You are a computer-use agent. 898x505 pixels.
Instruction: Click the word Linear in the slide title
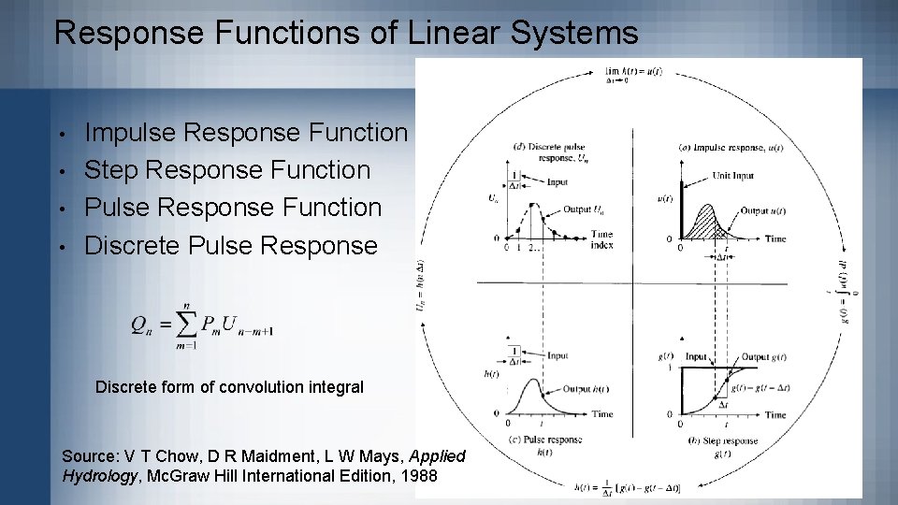444,34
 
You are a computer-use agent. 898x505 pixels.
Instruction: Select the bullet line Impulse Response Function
247,133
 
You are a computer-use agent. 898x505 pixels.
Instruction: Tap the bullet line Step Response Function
227,170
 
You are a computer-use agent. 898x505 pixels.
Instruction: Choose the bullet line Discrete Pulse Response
232,245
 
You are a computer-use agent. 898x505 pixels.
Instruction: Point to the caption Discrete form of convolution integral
229,386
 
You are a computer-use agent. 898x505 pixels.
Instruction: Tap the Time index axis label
601,239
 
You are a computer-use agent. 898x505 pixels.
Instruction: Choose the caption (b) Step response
724,440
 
